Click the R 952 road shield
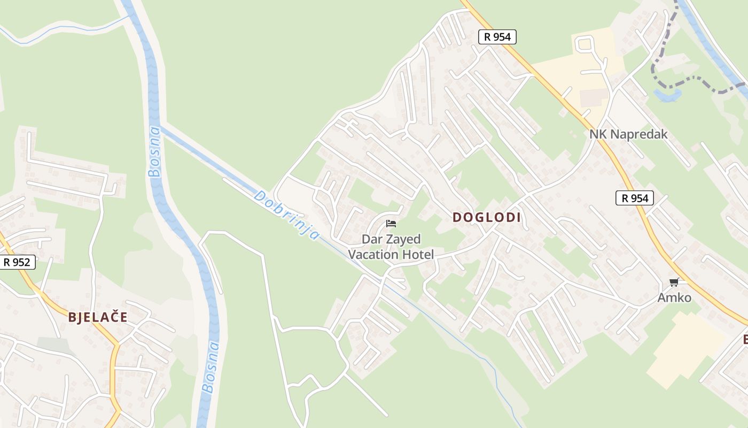(17, 262)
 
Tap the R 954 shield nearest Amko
(635, 198)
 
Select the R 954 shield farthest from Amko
(497, 37)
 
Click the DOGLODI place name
(486, 217)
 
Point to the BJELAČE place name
(98, 317)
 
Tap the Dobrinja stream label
(287, 215)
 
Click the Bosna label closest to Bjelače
(212, 367)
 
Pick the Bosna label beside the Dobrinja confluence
(154, 151)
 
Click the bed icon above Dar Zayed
(391, 224)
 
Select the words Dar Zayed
(391, 239)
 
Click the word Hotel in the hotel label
(415, 255)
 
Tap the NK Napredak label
(628, 134)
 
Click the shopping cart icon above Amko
(674, 282)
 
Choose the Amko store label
(674, 298)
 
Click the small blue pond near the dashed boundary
(667, 96)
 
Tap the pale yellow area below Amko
(679, 348)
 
